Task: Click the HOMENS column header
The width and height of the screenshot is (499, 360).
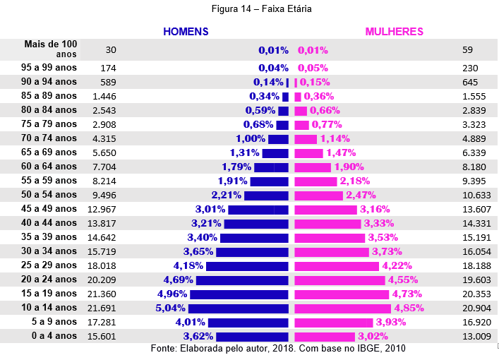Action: coord(186,32)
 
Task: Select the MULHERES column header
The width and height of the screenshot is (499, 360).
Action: coord(394,32)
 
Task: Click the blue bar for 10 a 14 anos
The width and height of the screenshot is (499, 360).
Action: coord(239,308)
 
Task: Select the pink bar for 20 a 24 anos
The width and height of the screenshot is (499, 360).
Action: coord(339,280)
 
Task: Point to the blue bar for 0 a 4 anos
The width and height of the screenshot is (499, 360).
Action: coord(253,337)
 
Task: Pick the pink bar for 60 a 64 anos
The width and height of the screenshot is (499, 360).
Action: coord(312,167)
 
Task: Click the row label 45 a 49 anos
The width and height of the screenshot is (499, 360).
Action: coord(49,209)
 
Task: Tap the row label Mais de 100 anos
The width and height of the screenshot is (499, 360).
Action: coord(51,49)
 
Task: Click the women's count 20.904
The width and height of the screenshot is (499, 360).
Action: coord(476,308)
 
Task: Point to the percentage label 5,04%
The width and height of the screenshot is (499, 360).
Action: coord(170,308)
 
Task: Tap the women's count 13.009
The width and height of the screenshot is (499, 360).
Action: coord(476,337)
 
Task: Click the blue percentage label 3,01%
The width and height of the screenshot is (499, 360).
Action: coord(210,210)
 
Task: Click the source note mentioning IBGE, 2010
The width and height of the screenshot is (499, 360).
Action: coord(278,349)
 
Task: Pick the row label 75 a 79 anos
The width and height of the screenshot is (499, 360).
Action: coord(49,124)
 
